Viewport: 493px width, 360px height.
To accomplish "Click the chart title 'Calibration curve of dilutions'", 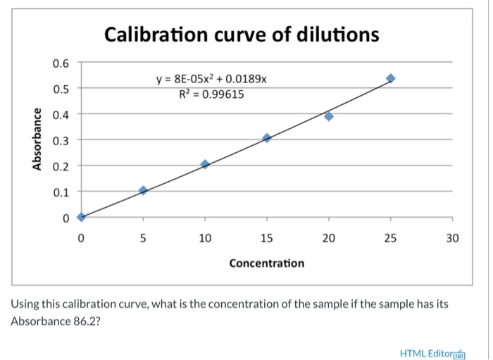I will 242,35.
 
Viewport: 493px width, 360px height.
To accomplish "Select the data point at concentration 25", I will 391,78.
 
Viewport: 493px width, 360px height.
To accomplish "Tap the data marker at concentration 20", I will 329,116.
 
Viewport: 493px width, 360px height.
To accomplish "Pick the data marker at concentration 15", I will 267,138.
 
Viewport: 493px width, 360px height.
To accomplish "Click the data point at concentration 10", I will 205,164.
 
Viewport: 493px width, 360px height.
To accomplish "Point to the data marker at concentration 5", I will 143,190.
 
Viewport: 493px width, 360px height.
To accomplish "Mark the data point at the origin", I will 81,217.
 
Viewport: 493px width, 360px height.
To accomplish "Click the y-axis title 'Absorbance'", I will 36,139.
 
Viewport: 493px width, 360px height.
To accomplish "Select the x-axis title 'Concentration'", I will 267,263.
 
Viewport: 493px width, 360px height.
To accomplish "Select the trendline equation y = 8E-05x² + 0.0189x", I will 211,80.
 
